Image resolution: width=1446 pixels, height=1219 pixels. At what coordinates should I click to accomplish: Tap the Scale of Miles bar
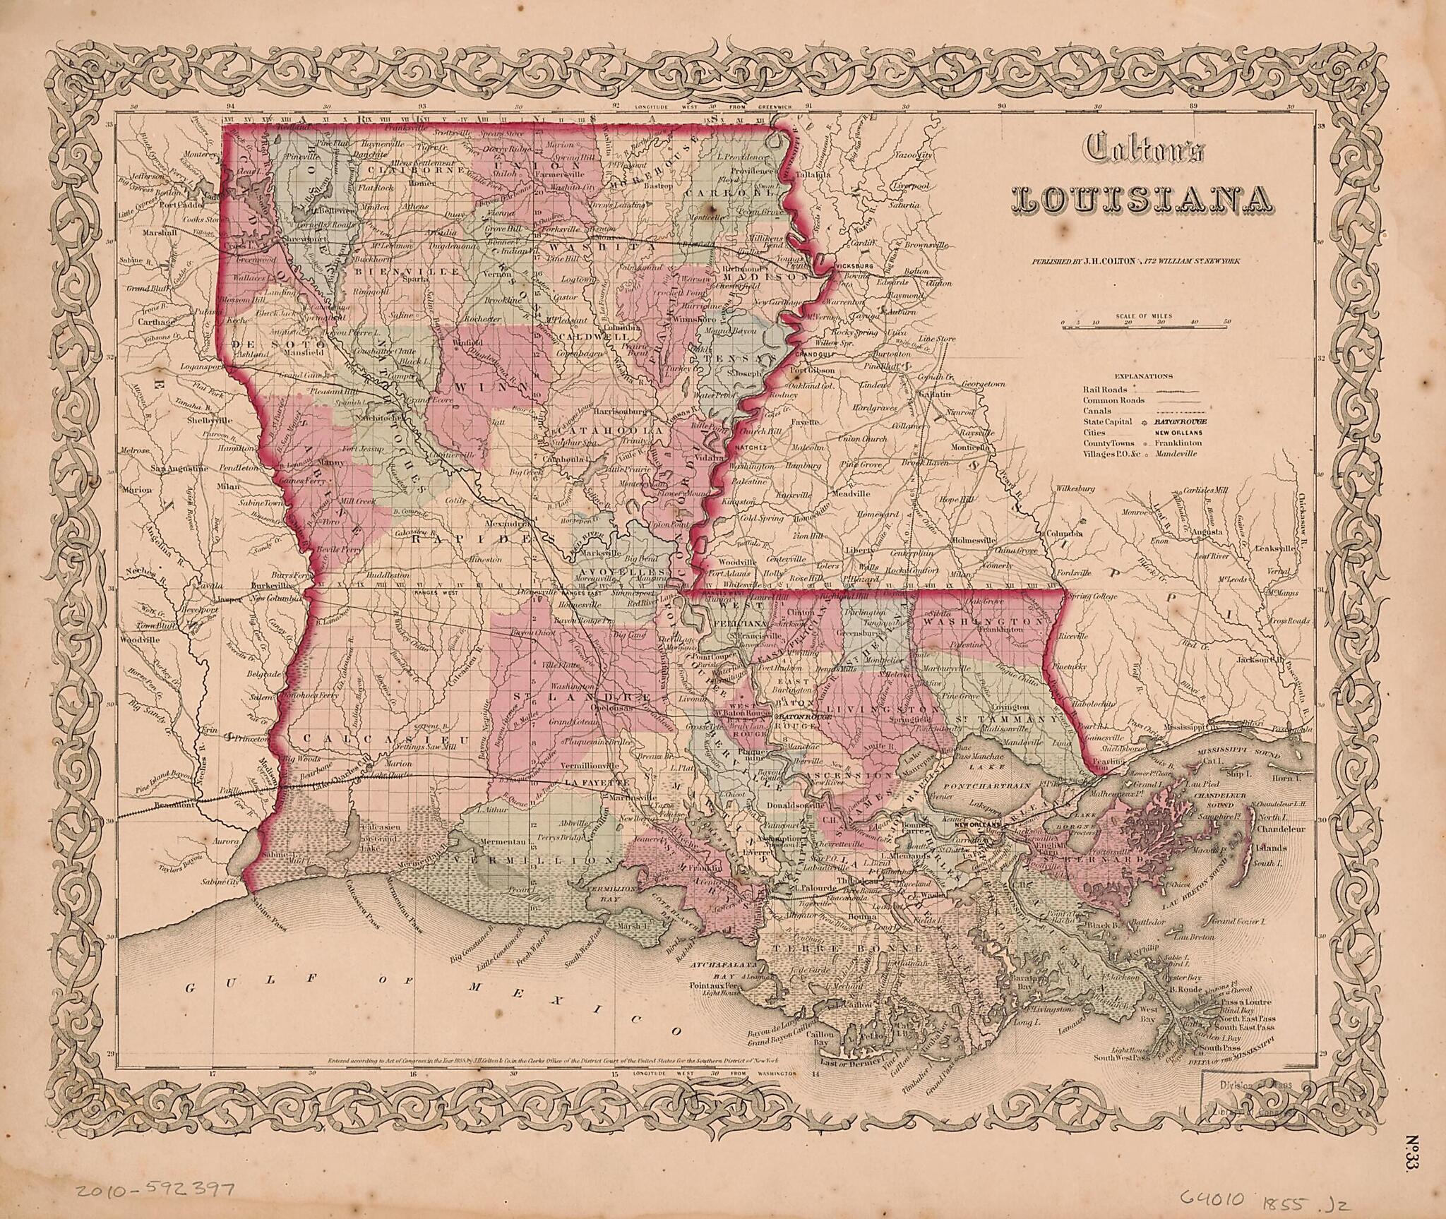1146,325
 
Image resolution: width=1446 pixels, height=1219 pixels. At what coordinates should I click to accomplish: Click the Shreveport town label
277,238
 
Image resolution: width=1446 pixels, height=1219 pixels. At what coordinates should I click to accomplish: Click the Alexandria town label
507,525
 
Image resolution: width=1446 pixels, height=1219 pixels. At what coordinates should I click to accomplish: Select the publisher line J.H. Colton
1135,261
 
